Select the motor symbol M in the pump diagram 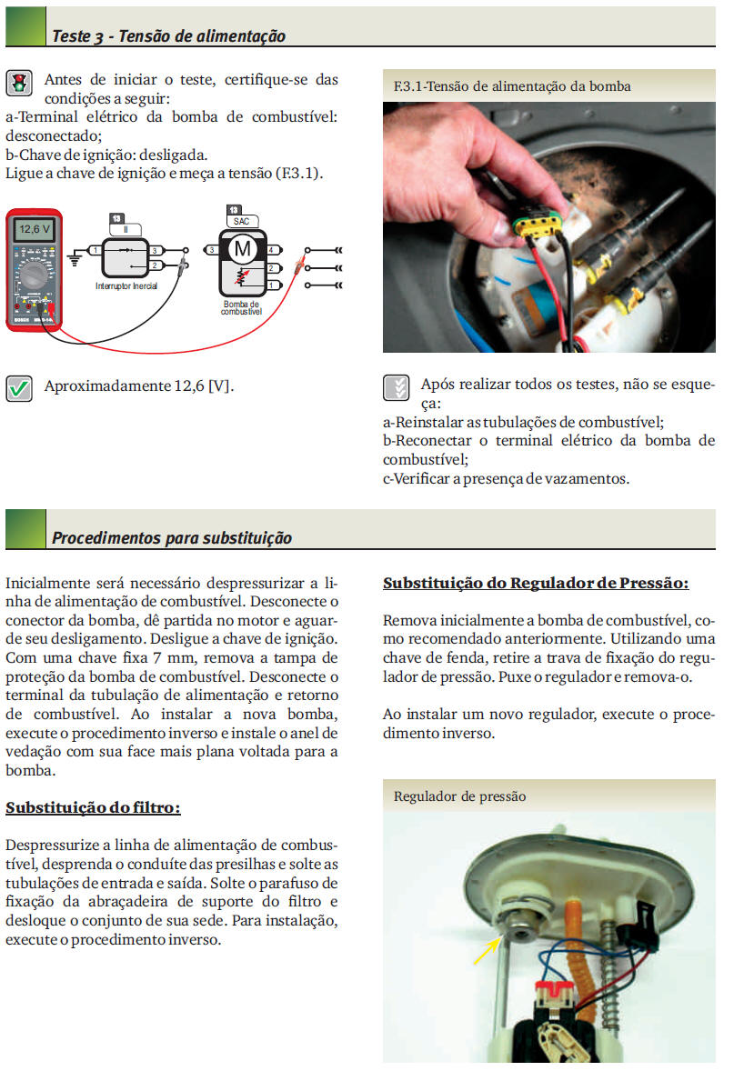pos(242,247)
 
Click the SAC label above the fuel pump pos(241,221)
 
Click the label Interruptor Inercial pos(126,285)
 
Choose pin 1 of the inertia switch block pos(95,249)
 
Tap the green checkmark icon pos(19,388)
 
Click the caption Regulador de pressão pos(460,796)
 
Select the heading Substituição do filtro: pos(93,807)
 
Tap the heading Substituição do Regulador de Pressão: pos(536,583)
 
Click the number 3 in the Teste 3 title pos(97,36)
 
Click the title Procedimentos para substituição pos(172,537)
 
